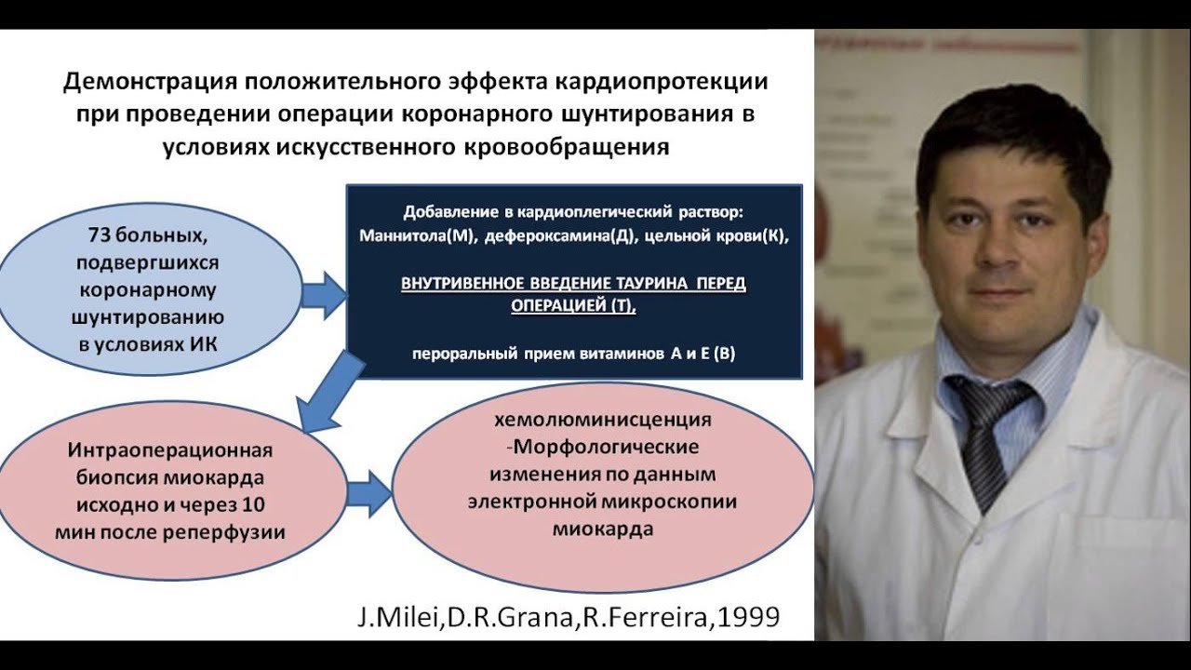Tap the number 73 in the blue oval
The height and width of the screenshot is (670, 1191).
tap(100, 234)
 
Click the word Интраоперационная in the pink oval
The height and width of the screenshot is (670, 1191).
tap(170, 451)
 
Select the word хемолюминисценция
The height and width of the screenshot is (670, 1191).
tap(603, 421)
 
